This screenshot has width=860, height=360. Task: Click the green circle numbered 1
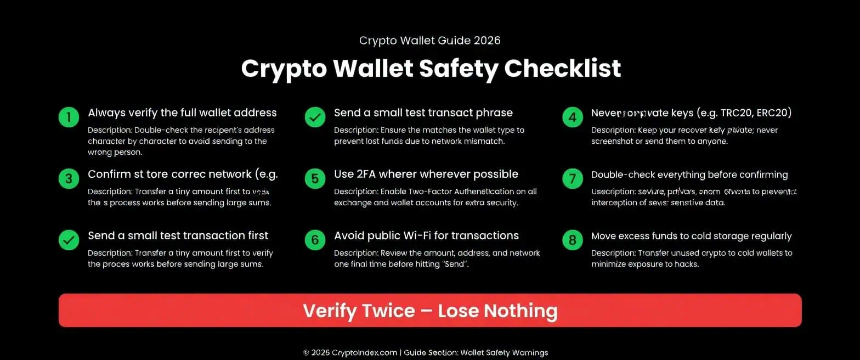pyautogui.click(x=69, y=117)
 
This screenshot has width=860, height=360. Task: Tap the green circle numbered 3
pyautogui.click(x=69, y=179)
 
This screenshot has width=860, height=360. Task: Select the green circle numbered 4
pyautogui.click(x=572, y=117)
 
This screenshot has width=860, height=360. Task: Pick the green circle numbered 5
pyautogui.click(x=315, y=179)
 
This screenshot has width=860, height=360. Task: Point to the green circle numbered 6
pyautogui.click(x=315, y=240)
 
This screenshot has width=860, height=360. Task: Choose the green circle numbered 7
pyautogui.click(x=572, y=179)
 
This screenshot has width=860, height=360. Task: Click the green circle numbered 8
pyautogui.click(x=572, y=240)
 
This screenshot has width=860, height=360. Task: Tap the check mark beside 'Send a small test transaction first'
pyautogui.click(x=69, y=240)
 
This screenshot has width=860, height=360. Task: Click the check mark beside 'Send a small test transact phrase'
pyautogui.click(x=315, y=117)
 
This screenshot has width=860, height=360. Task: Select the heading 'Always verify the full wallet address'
pyautogui.click(x=182, y=113)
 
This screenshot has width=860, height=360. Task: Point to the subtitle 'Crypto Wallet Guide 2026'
pyautogui.click(x=429, y=41)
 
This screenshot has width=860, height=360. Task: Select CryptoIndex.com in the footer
pyautogui.click(x=365, y=353)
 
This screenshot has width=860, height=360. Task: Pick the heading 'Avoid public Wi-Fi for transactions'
pyautogui.click(x=426, y=236)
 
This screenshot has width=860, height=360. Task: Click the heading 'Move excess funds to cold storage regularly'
pyautogui.click(x=691, y=236)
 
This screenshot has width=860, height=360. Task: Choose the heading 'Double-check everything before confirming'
pyautogui.click(x=689, y=175)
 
